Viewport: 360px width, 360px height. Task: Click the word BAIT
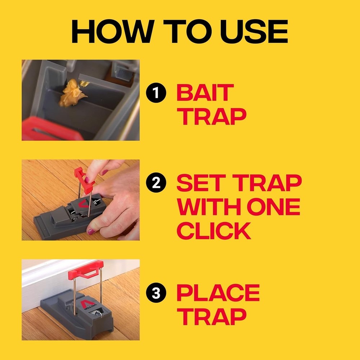point(205,93)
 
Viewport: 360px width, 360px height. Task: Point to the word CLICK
point(213,231)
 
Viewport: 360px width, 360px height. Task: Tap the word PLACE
point(218,293)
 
